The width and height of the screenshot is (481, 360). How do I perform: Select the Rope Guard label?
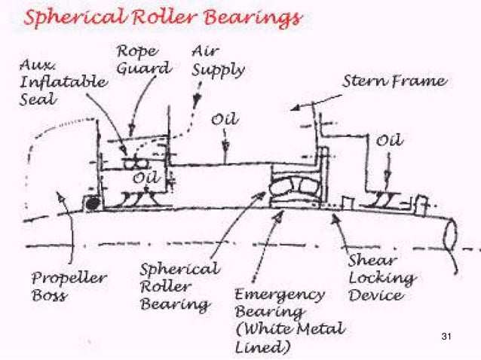click(143, 59)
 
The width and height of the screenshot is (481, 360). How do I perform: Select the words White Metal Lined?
click(290, 337)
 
